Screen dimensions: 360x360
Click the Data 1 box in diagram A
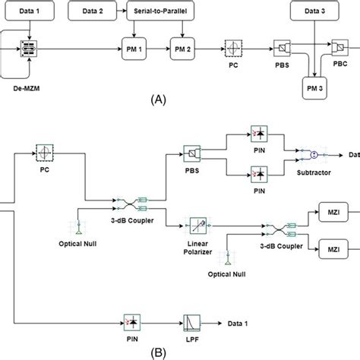click(x=28, y=11)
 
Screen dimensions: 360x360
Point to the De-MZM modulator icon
click(x=29, y=47)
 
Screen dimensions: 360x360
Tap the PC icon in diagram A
click(x=232, y=47)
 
